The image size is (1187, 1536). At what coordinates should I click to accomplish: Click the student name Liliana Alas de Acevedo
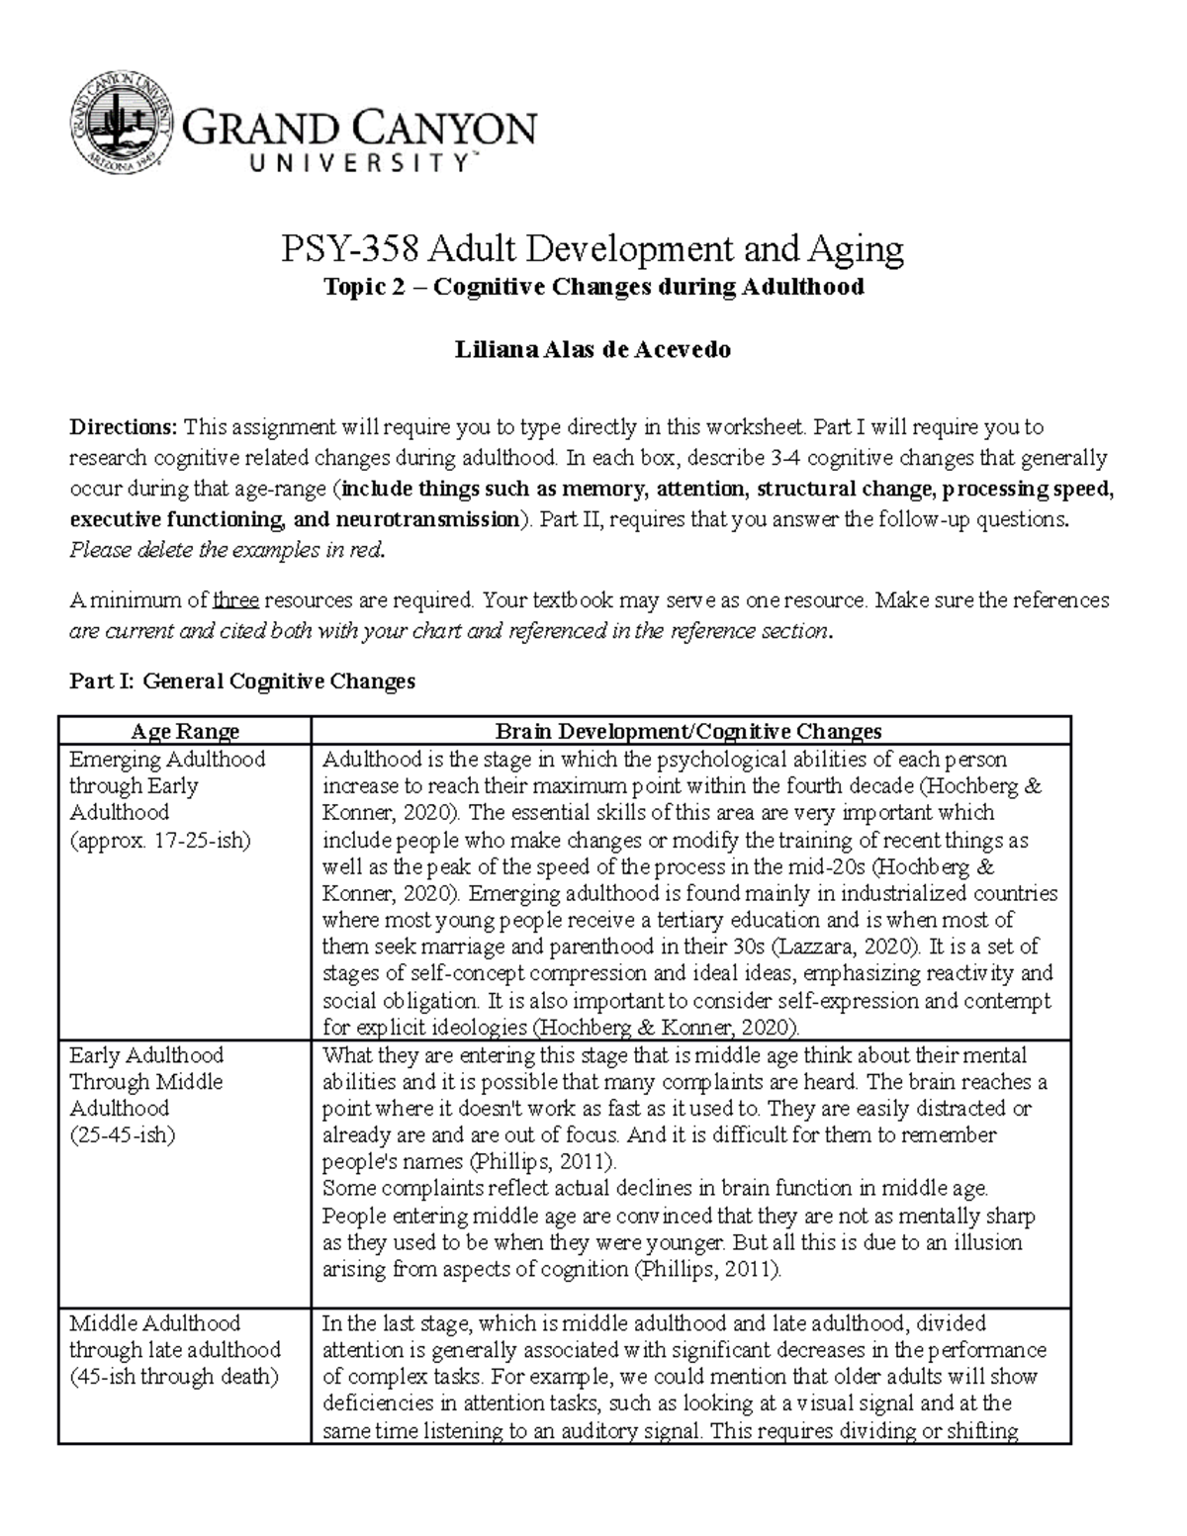[592, 349]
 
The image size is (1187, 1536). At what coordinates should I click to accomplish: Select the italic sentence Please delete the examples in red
[226, 550]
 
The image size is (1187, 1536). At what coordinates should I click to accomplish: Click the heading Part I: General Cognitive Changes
[242, 680]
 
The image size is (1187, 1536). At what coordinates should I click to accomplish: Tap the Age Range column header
[186, 731]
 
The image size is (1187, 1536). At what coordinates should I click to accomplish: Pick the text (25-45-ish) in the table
[122, 1134]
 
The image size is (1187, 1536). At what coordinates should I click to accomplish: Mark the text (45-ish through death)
[174, 1376]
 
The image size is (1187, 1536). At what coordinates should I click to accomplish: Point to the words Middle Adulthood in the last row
[154, 1322]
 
